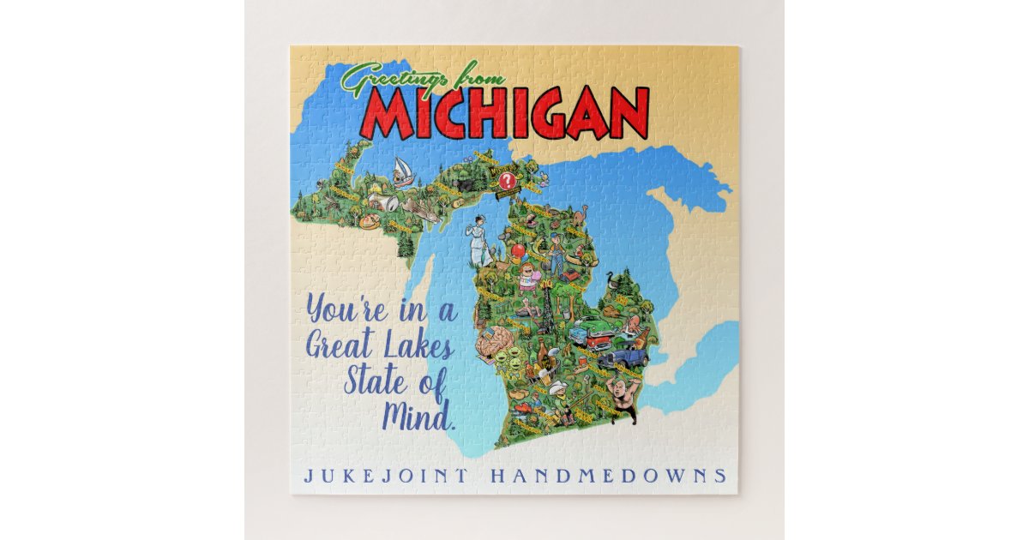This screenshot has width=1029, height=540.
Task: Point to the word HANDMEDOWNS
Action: [608, 475]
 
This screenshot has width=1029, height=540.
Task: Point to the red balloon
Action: [518, 251]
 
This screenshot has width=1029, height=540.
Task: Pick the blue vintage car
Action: [623, 358]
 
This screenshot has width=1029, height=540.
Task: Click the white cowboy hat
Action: [559, 387]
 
